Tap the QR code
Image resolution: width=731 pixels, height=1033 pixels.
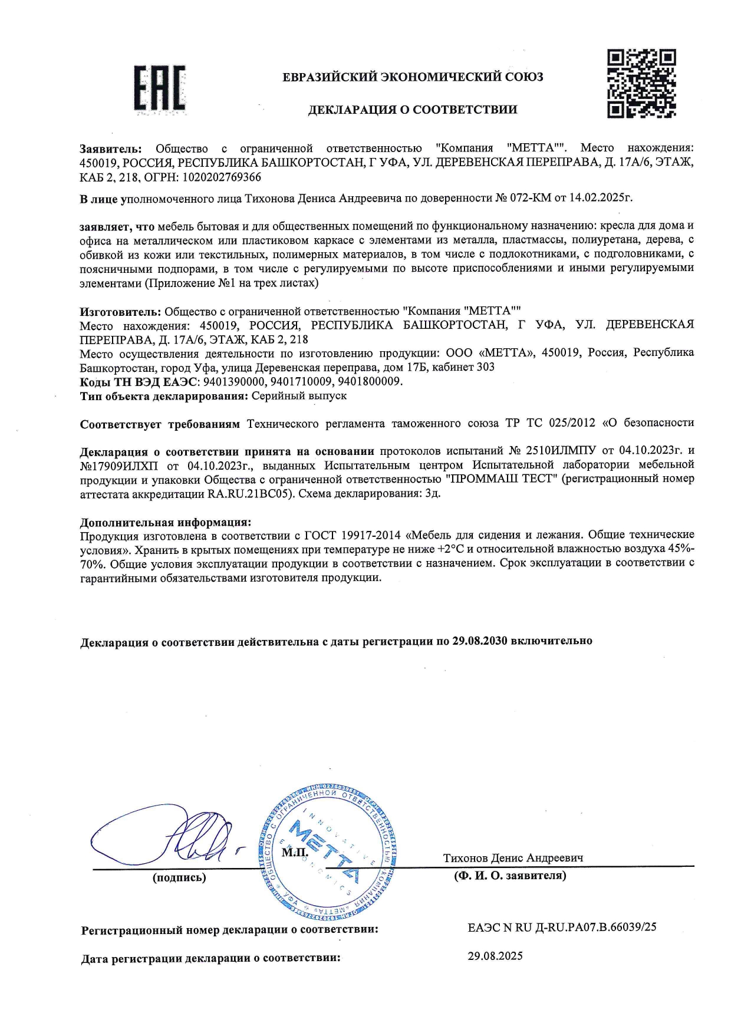[x=641, y=84]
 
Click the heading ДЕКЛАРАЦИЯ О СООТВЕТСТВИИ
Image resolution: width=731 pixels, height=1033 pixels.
[x=413, y=110]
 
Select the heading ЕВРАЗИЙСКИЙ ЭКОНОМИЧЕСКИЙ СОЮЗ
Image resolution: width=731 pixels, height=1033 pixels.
[x=413, y=77]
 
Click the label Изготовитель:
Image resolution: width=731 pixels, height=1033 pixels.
[x=120, y=311]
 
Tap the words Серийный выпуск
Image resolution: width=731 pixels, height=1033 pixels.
[x=299, y=396]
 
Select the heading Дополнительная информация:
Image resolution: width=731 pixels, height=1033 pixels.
[x=166, y=523]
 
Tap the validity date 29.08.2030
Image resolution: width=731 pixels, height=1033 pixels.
[x=480, y=641]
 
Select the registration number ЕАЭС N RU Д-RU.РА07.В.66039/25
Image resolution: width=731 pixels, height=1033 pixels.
[x=562, y=928]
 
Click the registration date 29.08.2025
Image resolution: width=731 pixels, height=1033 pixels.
[x=495, y=956]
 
